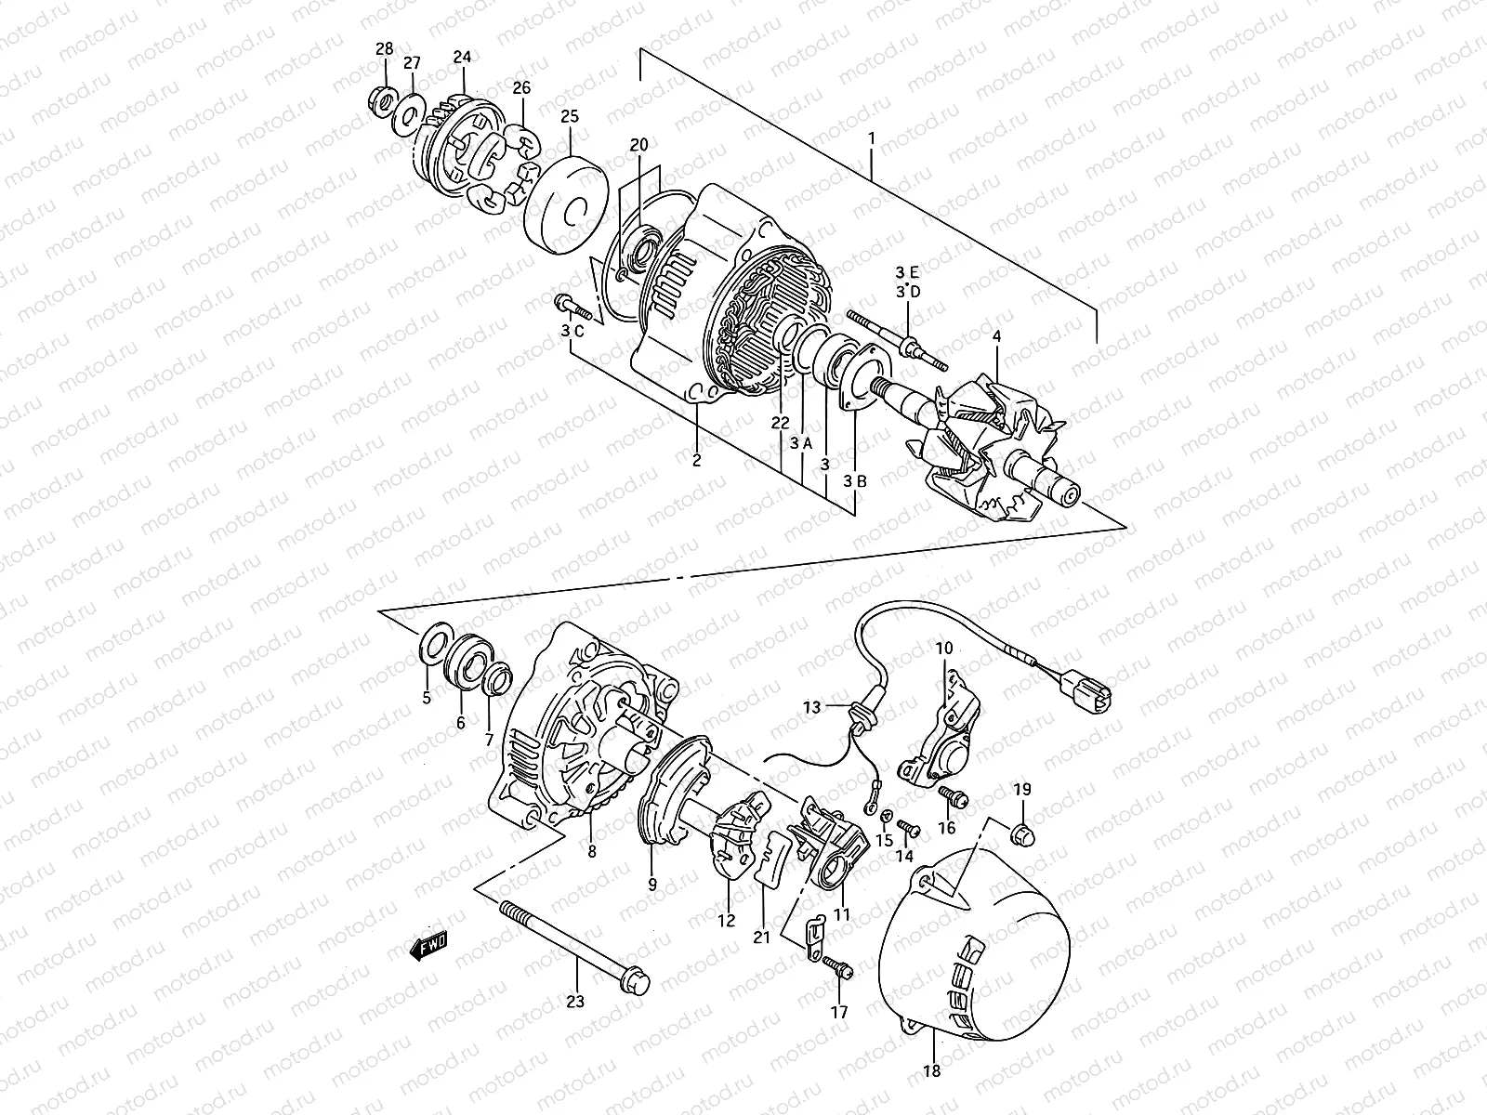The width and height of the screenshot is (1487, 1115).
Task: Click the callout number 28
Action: [385, 48]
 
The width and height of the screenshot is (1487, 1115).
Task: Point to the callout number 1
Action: [872, 138]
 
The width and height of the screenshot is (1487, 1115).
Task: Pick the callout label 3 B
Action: [855, 481]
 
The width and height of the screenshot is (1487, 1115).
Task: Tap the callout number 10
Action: [944, 649]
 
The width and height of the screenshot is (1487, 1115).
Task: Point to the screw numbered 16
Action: [952, 796]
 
